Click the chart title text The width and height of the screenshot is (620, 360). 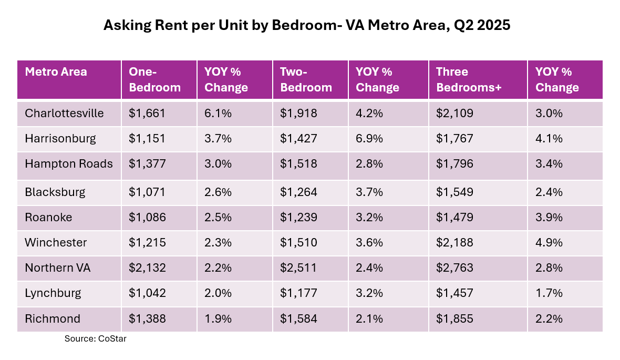coord(306,26)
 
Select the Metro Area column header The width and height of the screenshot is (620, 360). coord(56,72)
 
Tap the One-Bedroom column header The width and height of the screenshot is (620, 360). coord(154,80)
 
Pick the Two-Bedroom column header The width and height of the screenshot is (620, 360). coord(306,80)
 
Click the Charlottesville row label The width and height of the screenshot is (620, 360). coord(64,114)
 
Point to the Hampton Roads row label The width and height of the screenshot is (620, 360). coord(68,164)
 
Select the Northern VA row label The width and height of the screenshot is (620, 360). coord(58,268)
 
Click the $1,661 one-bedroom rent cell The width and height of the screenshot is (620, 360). coord(147,114)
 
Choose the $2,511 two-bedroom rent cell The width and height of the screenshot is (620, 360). coord(298,268)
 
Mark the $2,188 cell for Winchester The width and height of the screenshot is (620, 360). coord(454,242)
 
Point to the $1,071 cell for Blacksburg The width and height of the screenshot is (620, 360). coord(147,192)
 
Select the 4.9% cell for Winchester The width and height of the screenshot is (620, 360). coord(549,242)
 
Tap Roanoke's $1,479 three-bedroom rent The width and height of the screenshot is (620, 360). coord(454,217)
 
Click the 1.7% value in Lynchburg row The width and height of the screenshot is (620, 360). coord(549,293)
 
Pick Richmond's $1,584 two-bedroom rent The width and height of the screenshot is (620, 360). coord(298,318)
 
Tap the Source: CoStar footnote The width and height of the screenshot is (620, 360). coord(95,339)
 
